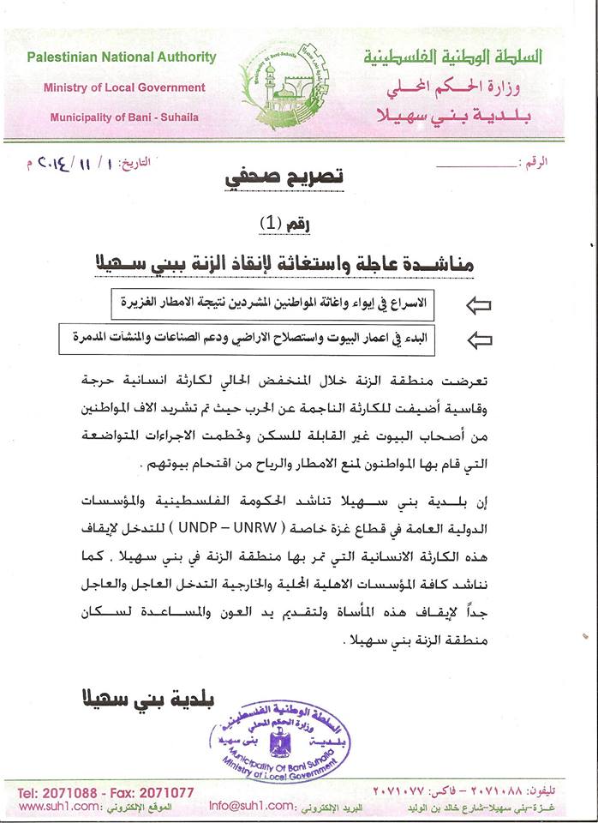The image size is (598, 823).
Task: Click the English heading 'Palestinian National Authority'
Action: pyautogui.click(x=121, y=57)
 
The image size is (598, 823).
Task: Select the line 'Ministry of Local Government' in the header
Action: pyautogui.click(x=124, y=87)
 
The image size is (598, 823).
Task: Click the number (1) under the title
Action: pyautogui.click(x=271, y=223)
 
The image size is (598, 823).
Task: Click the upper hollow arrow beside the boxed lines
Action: pyautogui.click(x=480, y=304)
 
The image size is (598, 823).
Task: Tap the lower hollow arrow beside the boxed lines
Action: pyautogui.click(x=480, y=339)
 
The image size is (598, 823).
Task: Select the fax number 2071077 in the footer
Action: pyautogui.click(x=163, y=793)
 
